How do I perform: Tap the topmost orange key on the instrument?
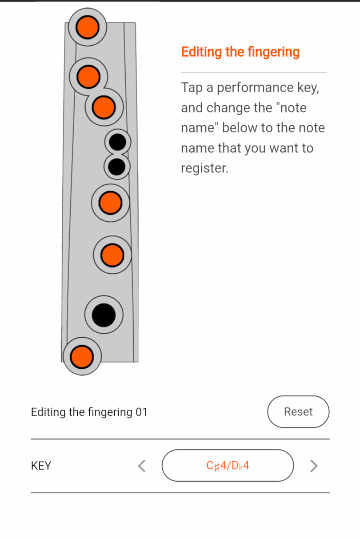[x=87, y=27]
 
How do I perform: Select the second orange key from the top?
[x=88, y=76]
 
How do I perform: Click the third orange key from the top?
[x=104, y=107]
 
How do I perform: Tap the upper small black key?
[x=118, y=142]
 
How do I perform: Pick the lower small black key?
[x=117, y=167]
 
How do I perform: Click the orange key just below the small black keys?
[x=110, y=203]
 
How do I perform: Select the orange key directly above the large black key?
[x=112, y=255]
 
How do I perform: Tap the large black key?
[x=104, y=315]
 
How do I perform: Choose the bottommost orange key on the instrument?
[x=82, y=356]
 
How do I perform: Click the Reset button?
[x=298, y=412]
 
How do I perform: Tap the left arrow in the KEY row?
[x=142, y=466]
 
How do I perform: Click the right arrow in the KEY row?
[x=314, y=466]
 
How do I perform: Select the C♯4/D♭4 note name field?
[x=228, y=466]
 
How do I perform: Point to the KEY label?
[x=41, y=466]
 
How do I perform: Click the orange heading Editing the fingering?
[x=240, y=52]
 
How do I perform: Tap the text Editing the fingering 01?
[x=89, y=412]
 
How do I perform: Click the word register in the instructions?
[x=204, y=168]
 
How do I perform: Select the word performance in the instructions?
[x=255, y=88]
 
